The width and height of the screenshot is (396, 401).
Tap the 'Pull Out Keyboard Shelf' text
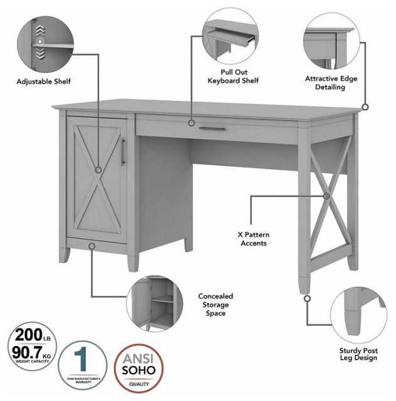[233, 76]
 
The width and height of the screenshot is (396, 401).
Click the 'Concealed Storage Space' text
[216, 304]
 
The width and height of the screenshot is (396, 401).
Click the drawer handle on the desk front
[212, 128]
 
